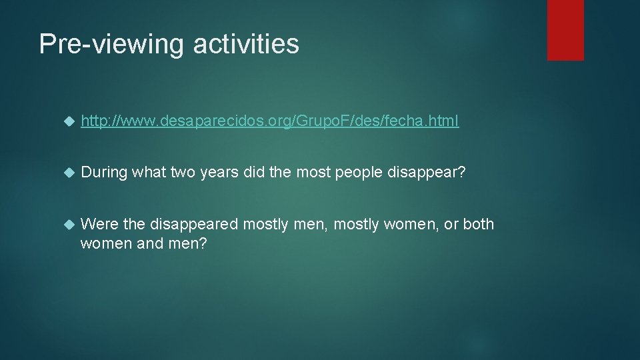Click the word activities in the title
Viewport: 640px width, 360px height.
point(246,45)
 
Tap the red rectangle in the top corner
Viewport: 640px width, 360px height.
point(565,30)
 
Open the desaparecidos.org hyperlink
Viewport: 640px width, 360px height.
point(269,121)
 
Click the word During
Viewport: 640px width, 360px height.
point(104,173)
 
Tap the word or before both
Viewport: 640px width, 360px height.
point(451,224)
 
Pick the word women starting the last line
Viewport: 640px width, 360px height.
point(103,244)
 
